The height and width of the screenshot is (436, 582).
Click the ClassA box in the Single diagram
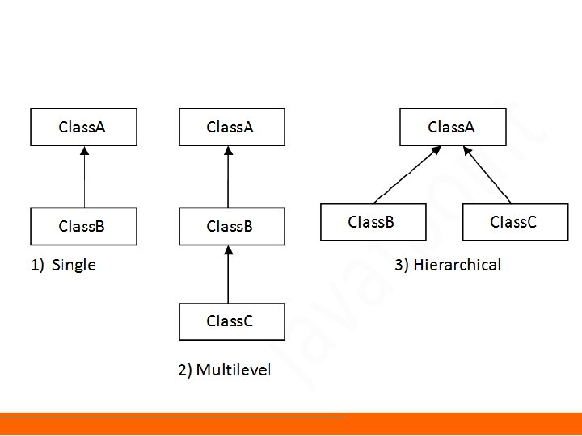tap(83, 128)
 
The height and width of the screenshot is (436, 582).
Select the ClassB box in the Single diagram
tap(83, 226)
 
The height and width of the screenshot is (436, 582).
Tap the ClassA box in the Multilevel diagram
tap(232, 128)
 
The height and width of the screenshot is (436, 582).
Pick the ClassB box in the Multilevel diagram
tap(232, 226)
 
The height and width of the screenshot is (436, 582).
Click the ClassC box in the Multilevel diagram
tap(232, 321)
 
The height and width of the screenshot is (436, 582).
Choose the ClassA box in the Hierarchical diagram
tap(453, 128)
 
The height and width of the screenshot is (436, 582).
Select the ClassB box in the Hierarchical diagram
tap(373, 222)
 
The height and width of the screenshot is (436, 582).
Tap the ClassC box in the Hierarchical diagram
tap(515, 222)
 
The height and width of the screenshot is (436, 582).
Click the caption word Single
tap(74, 266)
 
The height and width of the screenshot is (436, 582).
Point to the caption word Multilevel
tap(234, 370)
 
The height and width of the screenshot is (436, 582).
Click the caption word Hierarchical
tap(458, 265)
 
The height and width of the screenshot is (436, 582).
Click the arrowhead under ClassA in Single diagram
tap(85, 150)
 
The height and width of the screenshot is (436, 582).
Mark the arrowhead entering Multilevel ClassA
tap(228, 150)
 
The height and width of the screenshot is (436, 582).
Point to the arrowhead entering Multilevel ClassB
tap(229, 249)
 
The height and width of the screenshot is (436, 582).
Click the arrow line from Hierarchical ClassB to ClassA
tap(407, 175)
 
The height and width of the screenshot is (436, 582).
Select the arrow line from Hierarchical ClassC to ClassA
tap(487, 175)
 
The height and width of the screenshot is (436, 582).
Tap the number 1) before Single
tap(37, 266)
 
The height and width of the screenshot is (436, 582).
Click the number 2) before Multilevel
tap(185, 370)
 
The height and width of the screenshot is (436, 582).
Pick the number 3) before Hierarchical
tap(402, 265)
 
